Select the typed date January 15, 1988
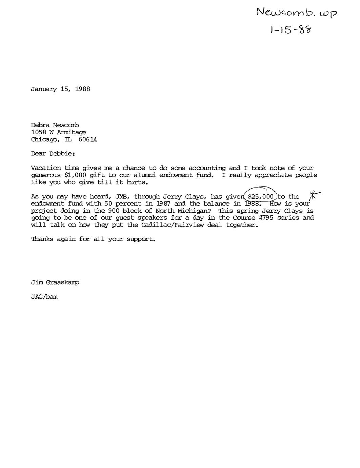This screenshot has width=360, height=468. (x=60, y=89)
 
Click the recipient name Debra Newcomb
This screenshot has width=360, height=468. (x=55, y=125)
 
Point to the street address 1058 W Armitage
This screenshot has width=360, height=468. (x=58, y=132)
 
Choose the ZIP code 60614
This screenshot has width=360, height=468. (x=87, y=139)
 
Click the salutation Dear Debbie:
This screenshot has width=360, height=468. (x=53, y=154)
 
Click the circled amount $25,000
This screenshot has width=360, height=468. (x=261, y=196)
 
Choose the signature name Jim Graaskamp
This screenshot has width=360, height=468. (x=55, y=282)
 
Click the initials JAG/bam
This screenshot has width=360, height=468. (x=44, y=297)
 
